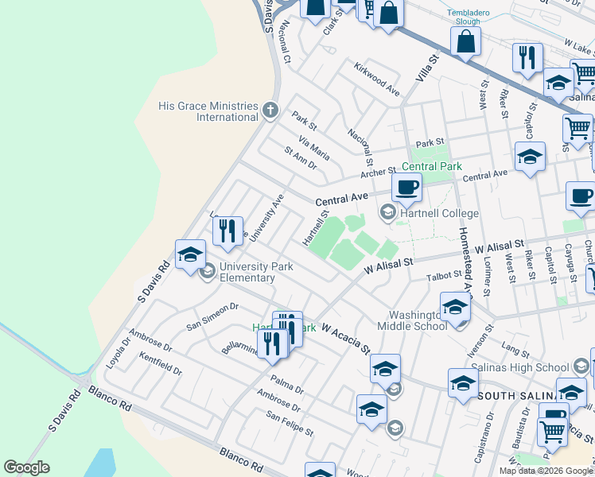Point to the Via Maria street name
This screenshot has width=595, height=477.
(x=313, y=147)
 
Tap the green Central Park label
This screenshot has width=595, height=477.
(x=432, y=167)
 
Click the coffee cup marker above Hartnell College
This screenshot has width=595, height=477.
(x=406, y=188)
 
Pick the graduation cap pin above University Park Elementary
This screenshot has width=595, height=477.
(x=190, y=254)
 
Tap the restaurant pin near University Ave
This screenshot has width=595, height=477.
(x=228, y=231)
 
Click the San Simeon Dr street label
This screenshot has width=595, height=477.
(x=212, y=316)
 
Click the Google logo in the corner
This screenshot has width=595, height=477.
(x=26, y=467)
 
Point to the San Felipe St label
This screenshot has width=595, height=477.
(x=290, y=423)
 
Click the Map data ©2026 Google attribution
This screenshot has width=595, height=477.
(x=546, y=471)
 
